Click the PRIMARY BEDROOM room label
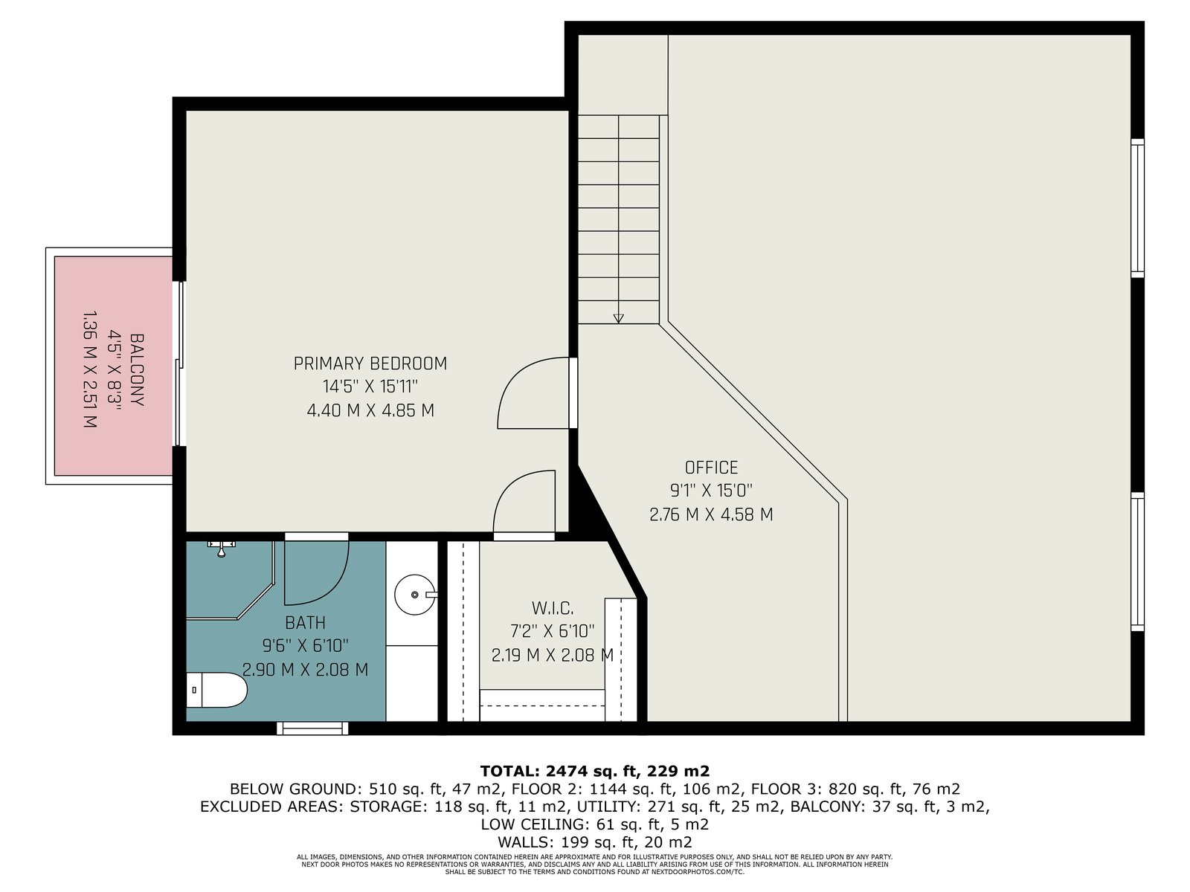(370, 363)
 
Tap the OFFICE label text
(711, 468)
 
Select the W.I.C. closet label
(553, 608)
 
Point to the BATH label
(305, 623)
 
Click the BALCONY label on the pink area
(137, 369)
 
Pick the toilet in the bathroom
(216, 690)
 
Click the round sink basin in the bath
(414, 595)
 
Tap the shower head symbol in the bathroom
(221, 548)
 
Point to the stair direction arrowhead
(618, 318)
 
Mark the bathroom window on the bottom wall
(312, 728)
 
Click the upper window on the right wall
(1137, 208)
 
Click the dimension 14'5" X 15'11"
(370, 387)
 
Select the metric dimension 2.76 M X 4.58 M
(711, 514)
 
